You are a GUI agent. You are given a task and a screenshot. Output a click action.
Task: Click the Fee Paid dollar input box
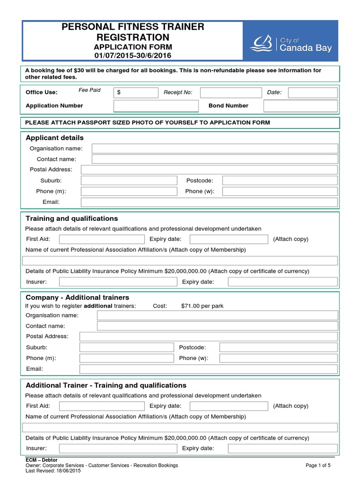point(136,92)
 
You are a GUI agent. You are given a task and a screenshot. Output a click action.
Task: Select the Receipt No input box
point(231,92)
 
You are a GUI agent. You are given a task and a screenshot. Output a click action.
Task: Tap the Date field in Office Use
point(312,92)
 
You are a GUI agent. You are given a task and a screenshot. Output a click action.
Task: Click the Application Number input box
point(156,106)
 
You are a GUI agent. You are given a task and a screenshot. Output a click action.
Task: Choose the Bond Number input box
point(300,106)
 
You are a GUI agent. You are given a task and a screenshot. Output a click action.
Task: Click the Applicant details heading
point(54,138)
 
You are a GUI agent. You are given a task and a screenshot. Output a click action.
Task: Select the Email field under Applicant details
point(209,202)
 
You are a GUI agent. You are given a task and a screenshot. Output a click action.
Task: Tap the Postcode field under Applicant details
point(279,180)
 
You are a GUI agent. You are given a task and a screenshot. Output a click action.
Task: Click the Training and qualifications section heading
point(72,218)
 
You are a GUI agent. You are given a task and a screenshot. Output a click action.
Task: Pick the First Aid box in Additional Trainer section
point(102,406)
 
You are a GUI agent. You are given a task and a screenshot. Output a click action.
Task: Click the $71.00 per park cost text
point(202,306)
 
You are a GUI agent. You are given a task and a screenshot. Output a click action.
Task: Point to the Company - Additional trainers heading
point(77,298)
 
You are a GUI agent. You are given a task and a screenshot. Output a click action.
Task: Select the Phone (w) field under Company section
point(278,358)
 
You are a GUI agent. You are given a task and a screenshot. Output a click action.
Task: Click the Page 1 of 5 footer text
point(318,465)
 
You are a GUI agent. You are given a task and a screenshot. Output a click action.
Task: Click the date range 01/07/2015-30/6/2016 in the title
point(133,55)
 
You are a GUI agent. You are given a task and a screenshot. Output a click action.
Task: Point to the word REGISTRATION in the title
point(133,37)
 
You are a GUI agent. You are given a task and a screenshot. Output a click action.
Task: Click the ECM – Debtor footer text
point(41,460)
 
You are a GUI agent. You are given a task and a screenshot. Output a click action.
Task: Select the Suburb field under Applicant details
point(129,180)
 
